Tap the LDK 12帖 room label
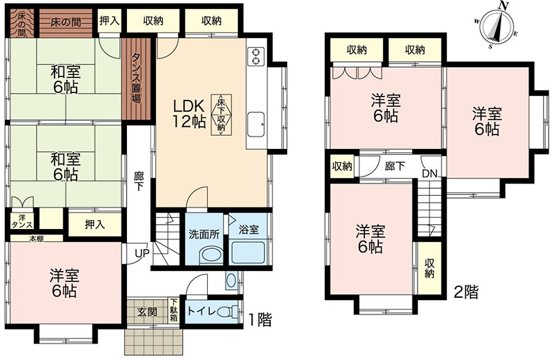[189, 113]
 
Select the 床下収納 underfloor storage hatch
[221, 114]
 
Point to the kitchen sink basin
[256, 125]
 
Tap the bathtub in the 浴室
[248, 252]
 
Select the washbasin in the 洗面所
[211, 255]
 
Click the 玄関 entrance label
[148, 312]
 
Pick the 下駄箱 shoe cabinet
[174, 310]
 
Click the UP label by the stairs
[142, 252]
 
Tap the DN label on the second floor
[429, 174]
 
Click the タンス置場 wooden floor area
[136, 79]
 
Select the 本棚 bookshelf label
[36, 239]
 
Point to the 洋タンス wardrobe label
[22, 221]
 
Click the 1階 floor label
[260, 320]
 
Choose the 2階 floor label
[466, 292]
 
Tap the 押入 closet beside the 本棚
[95, 225]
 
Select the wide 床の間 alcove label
[66, 23]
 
